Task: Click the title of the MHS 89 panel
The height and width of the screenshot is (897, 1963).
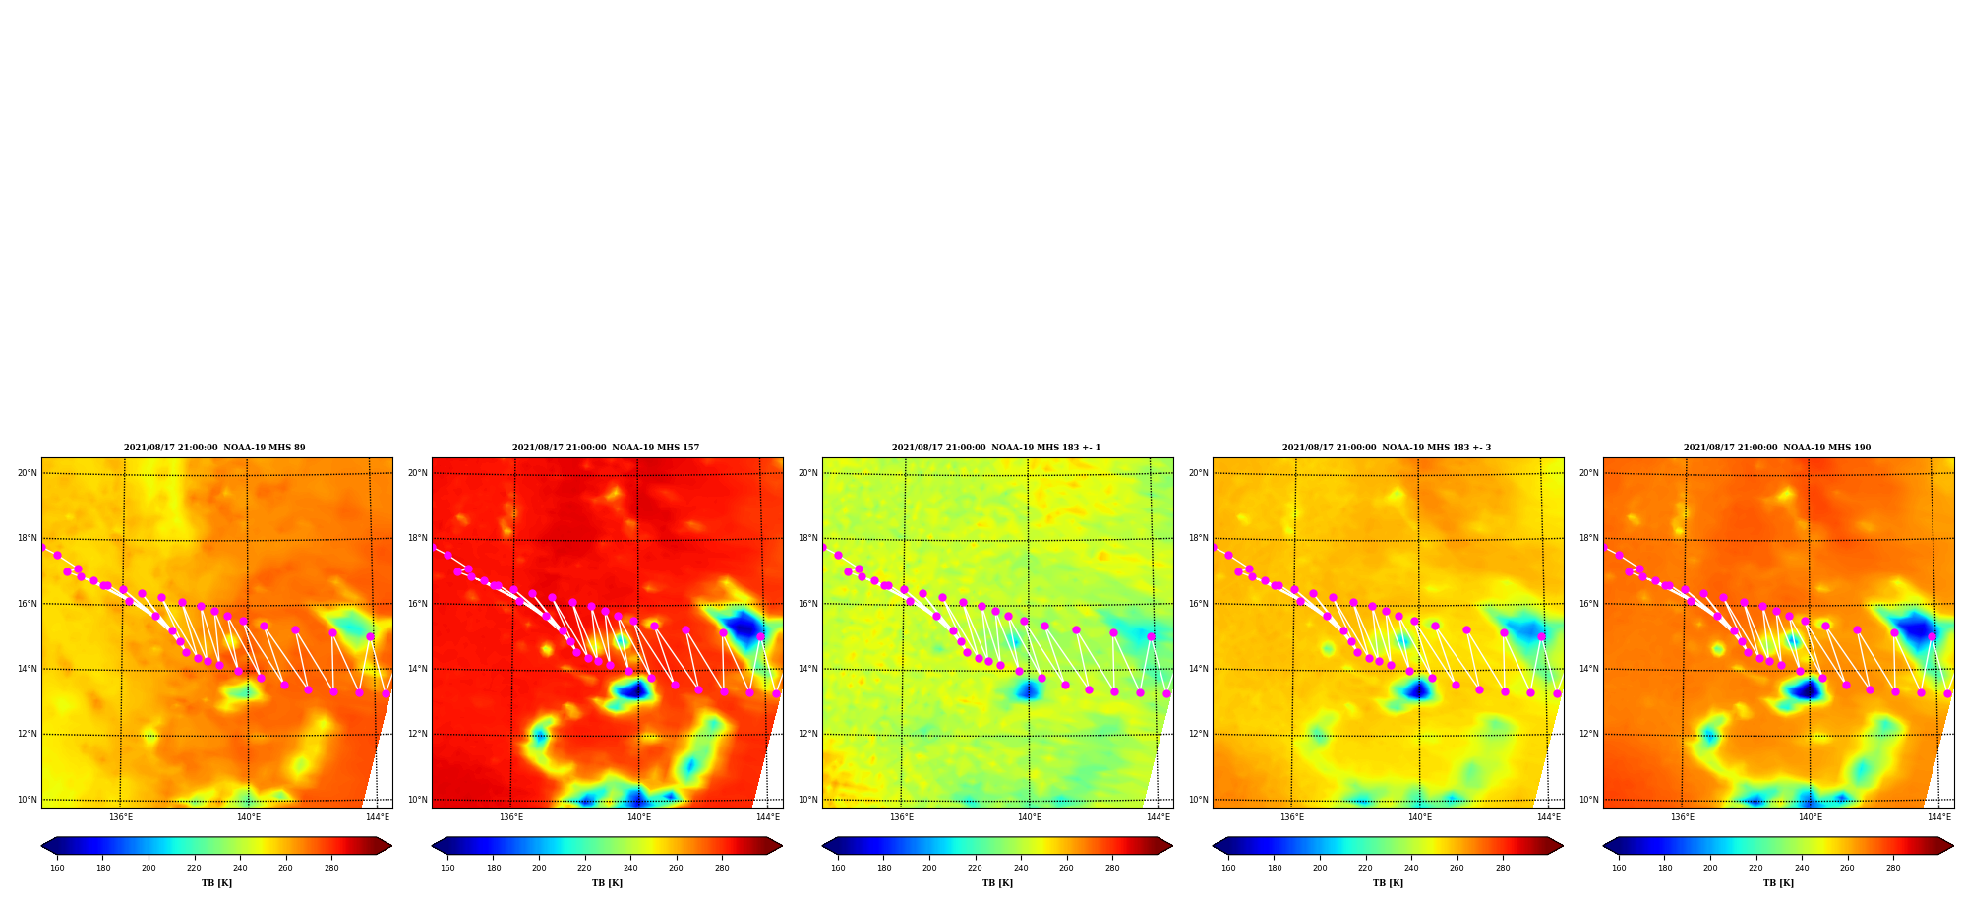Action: tap(214, 448)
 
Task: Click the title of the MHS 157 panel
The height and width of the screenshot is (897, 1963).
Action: tap(606, 448)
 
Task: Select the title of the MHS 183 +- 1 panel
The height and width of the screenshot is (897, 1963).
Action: tap(996, 448)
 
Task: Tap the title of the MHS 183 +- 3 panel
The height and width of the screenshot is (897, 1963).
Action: tap(1387, 448)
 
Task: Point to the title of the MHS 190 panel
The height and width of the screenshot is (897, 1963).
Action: tap(1777, 448)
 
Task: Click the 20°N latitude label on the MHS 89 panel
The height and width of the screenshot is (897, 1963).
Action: tap(27, 473)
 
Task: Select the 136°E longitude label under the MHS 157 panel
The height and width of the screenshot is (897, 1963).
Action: tap(510, 817)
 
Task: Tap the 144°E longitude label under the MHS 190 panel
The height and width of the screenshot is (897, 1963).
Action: tap(1938, 817)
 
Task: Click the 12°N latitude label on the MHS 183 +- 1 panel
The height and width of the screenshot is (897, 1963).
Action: tap(807, 734)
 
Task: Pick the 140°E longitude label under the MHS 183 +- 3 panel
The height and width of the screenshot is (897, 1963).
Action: tap(1420, 817)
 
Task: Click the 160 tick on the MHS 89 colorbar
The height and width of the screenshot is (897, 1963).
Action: tap(57, 868)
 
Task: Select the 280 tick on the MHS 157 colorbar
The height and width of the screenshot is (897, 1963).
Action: tap(722, 868)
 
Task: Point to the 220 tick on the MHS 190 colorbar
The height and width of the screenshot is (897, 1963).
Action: tap(1755, 868)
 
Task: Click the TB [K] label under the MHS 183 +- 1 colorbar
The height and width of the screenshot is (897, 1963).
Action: tap(997, 883)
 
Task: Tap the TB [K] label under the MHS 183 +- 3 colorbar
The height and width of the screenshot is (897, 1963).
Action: tap(1388, 883)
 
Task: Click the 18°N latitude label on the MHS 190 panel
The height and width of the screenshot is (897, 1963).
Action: tap(1588, 538)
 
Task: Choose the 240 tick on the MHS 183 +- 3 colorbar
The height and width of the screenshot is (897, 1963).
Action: tap(1411, 868)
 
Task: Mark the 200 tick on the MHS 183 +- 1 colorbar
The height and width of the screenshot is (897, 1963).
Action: tap(929, 868)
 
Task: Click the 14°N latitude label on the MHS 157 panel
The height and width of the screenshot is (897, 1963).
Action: tap(417, 669)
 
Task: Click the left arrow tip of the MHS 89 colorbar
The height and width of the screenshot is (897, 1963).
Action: tap(41, 846)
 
